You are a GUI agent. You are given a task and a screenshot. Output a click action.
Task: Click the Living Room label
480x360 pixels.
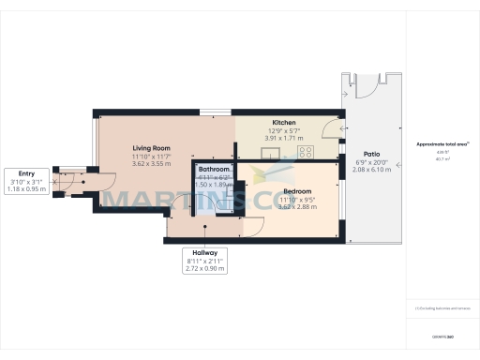150,147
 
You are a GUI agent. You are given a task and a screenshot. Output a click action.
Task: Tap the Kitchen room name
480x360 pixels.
284,123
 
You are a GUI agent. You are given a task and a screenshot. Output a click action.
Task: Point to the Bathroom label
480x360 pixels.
214,169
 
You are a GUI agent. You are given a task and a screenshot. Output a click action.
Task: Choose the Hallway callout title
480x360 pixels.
206,253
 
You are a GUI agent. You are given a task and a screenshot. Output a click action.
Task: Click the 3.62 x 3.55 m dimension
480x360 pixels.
150,163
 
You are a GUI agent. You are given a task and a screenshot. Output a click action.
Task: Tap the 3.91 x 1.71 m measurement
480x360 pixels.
284,138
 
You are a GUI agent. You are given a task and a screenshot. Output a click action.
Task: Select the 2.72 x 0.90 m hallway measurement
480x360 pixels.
206,269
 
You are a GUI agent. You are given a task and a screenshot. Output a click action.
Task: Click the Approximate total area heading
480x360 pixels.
443,144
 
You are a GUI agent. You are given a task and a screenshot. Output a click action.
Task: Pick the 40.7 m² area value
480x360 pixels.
443,159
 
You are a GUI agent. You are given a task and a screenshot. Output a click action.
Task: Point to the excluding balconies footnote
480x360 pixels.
443,306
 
